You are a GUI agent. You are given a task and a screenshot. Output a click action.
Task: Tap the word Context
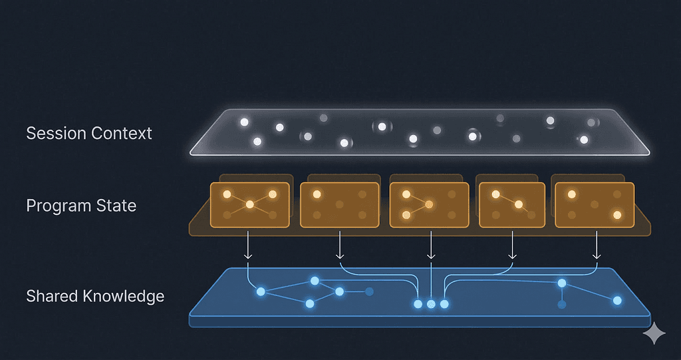121,133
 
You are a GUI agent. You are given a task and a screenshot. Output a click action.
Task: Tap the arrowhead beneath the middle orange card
431,256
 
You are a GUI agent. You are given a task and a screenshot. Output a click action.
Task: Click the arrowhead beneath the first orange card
248,256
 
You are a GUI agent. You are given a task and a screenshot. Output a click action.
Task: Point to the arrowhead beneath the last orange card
597,256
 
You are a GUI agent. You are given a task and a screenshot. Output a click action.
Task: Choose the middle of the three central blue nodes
431,304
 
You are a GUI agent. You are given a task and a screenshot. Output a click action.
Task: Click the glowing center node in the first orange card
249,204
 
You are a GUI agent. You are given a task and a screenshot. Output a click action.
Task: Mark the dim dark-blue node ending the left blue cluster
370,291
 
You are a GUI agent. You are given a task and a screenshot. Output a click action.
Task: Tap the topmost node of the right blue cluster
562,283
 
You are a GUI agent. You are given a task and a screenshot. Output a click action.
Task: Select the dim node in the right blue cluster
562,304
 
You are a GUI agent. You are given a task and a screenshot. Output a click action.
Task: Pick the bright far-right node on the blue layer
617,301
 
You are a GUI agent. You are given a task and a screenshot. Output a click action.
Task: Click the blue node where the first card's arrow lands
261,291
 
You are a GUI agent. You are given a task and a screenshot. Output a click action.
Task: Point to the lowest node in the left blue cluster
309,303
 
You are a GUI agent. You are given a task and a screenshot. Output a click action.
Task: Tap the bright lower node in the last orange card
617,215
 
